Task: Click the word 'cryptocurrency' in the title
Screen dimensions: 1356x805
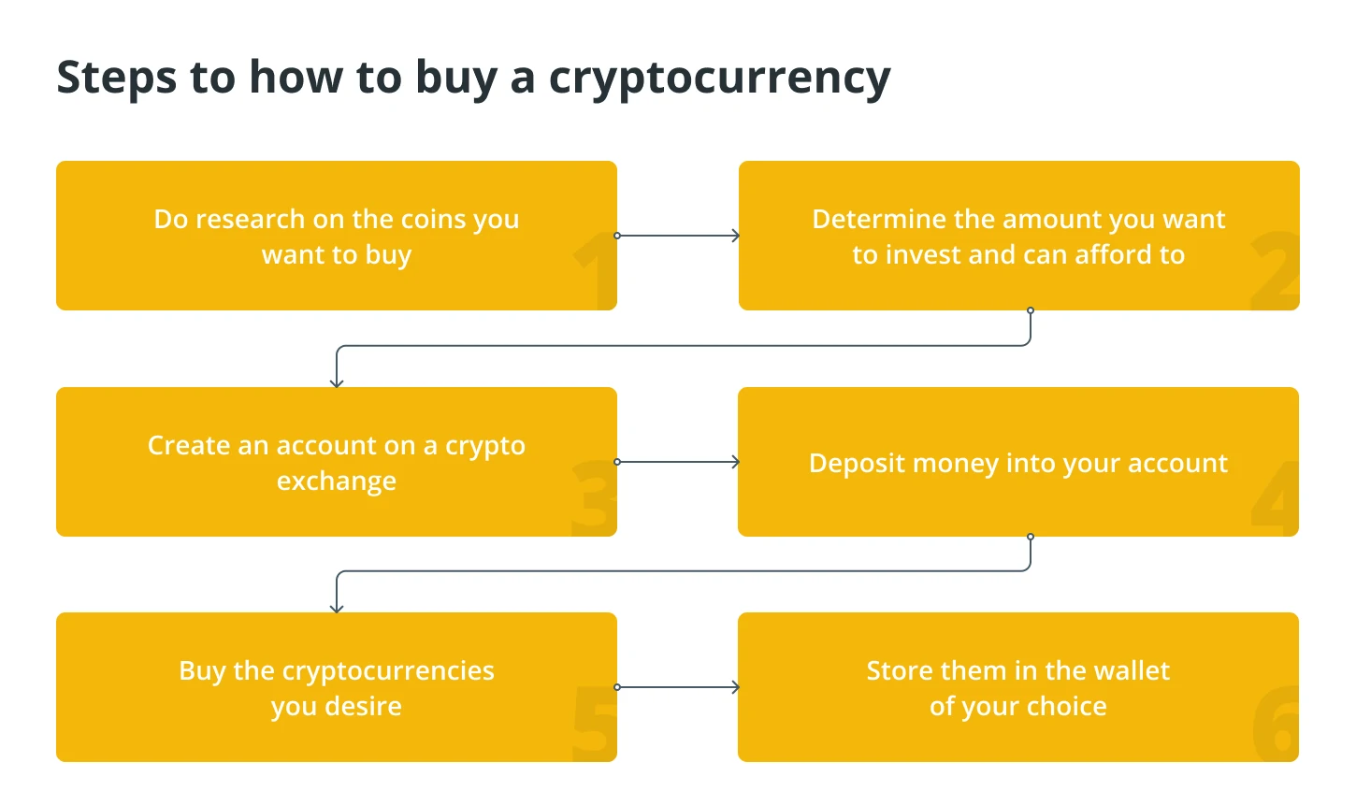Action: pyautogui.click(x=720, y=79)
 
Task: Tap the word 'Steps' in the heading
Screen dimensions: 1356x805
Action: pyautogui.click(x=117, y=79)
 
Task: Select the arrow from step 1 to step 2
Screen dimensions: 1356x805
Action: pyautogui.click(x=677, y=236)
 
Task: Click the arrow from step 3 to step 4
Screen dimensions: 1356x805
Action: pyautogui.click(x=677, y=462)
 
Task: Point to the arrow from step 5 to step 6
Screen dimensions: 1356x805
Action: pyautogui.click(x=677, y=687)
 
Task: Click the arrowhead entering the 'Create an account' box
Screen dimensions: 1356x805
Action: pyautogui.click(x=337, y=382)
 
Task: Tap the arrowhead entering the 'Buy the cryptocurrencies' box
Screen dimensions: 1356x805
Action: pyautogui.click(x=337, y=608)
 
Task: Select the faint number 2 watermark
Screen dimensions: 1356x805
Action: pyautogui.click(x=1275, y=270)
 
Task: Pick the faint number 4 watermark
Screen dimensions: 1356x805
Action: pyautogui.click(x=1275, y=498)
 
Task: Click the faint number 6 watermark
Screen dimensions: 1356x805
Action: pyautogui.click(x=1276, y=724)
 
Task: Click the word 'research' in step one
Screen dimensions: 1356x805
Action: pyautogui.click(x=258, y=219)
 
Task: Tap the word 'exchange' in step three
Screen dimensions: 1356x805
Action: pyautogui.click(x=337, y=482)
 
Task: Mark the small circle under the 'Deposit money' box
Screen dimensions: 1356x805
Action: pyautogui.click(x=1031, y=537)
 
